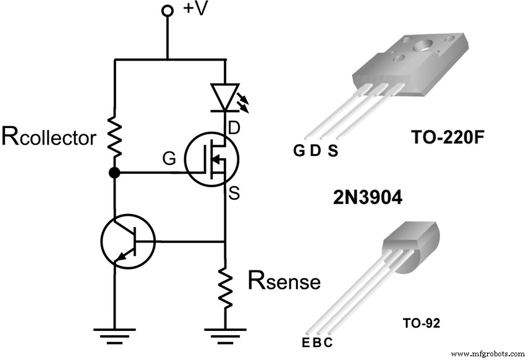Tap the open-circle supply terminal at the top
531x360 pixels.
click(166, 11)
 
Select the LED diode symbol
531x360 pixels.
click(225, 98)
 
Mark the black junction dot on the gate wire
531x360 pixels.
click(114, 173)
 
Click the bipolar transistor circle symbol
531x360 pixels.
click(127, 241)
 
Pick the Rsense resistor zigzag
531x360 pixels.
click(225, 288)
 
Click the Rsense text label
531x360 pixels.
click(284, 281)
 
